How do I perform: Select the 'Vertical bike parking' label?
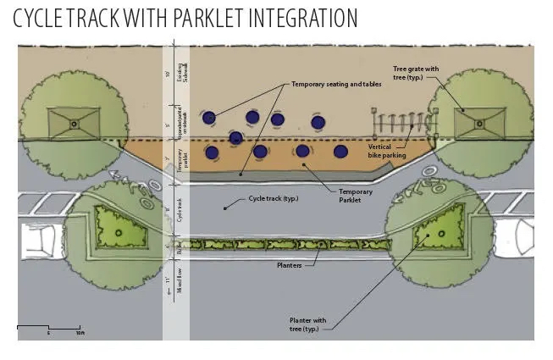(x=387, y=151)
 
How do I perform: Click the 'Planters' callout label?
(x=288, y=263)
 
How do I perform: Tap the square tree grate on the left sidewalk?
(x=74, y=124)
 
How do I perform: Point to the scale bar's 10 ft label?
(x=79, y=333)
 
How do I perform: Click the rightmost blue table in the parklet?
(x=340, y=152)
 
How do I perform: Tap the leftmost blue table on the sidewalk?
(x=208, y=118)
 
